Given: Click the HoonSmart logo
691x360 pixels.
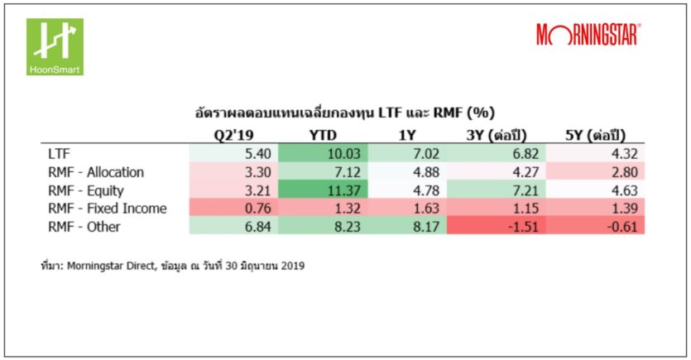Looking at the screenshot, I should (55, 46).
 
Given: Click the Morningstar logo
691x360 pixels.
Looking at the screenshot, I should (588, 35).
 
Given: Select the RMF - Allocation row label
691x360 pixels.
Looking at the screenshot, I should (97, 172).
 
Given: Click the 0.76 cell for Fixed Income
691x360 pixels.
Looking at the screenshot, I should (234, 209).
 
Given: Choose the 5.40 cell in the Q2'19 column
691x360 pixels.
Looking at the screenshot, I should (234, 154).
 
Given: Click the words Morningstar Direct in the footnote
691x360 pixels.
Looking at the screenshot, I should (113, 268).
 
